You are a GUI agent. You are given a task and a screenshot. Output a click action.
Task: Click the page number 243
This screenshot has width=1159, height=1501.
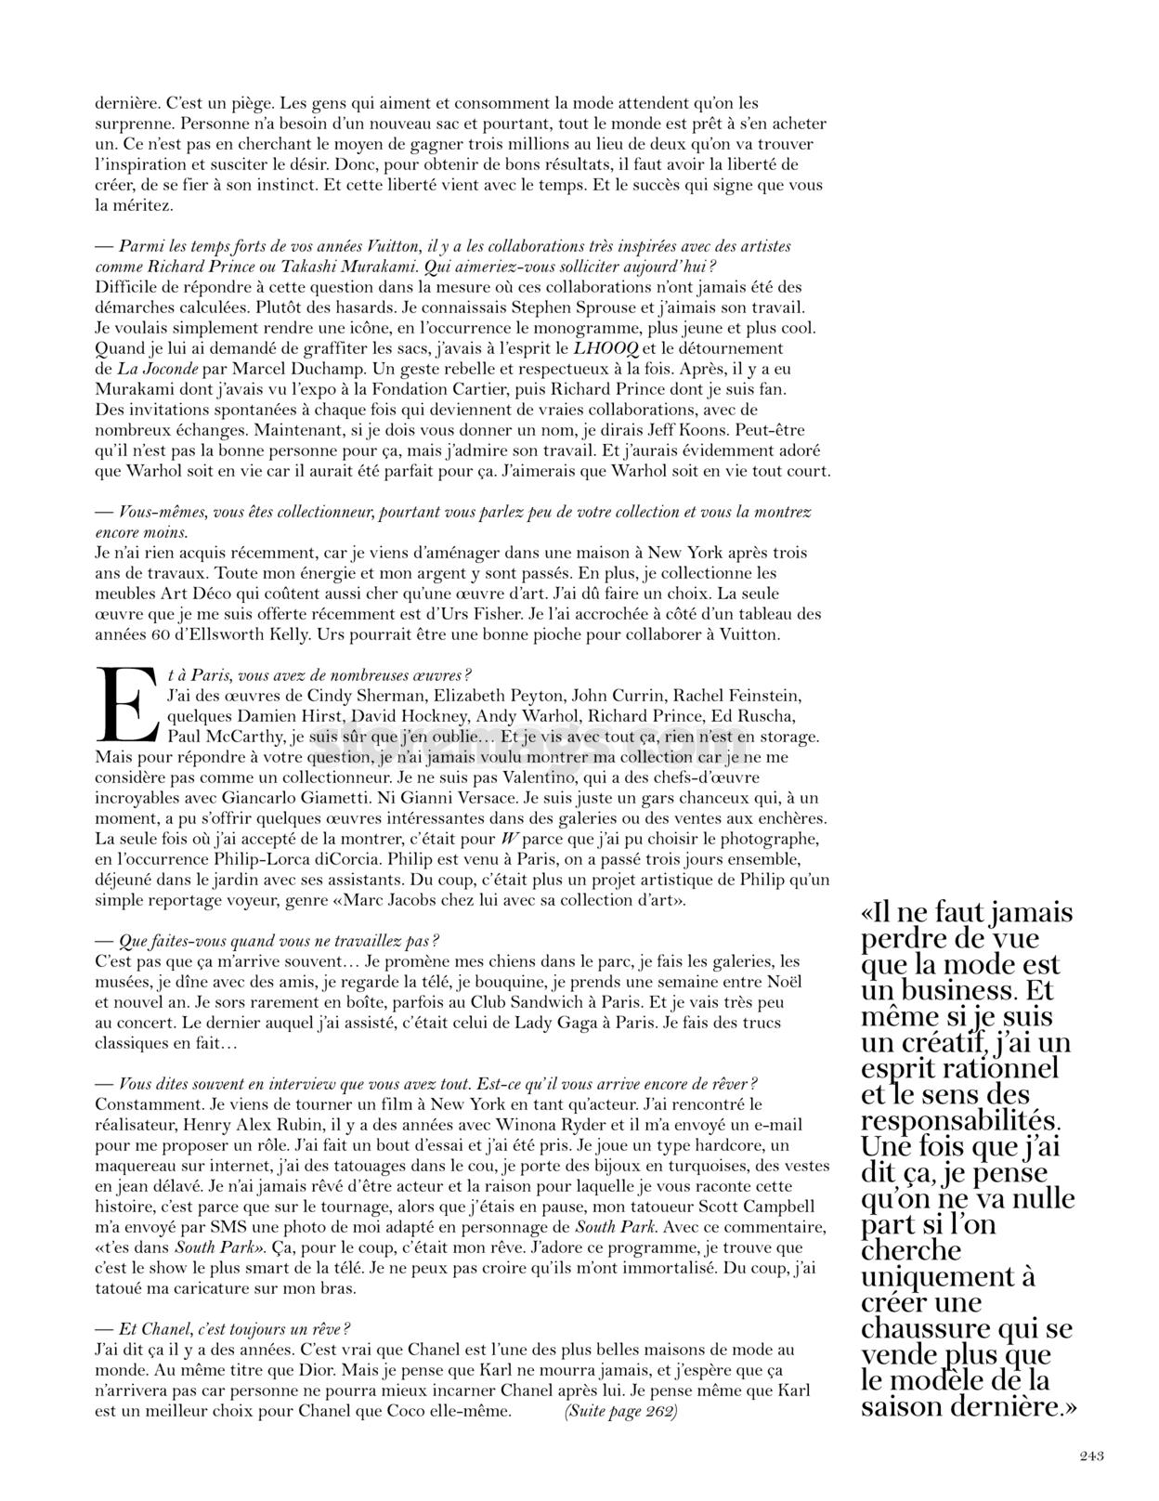click(1091, 1455)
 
